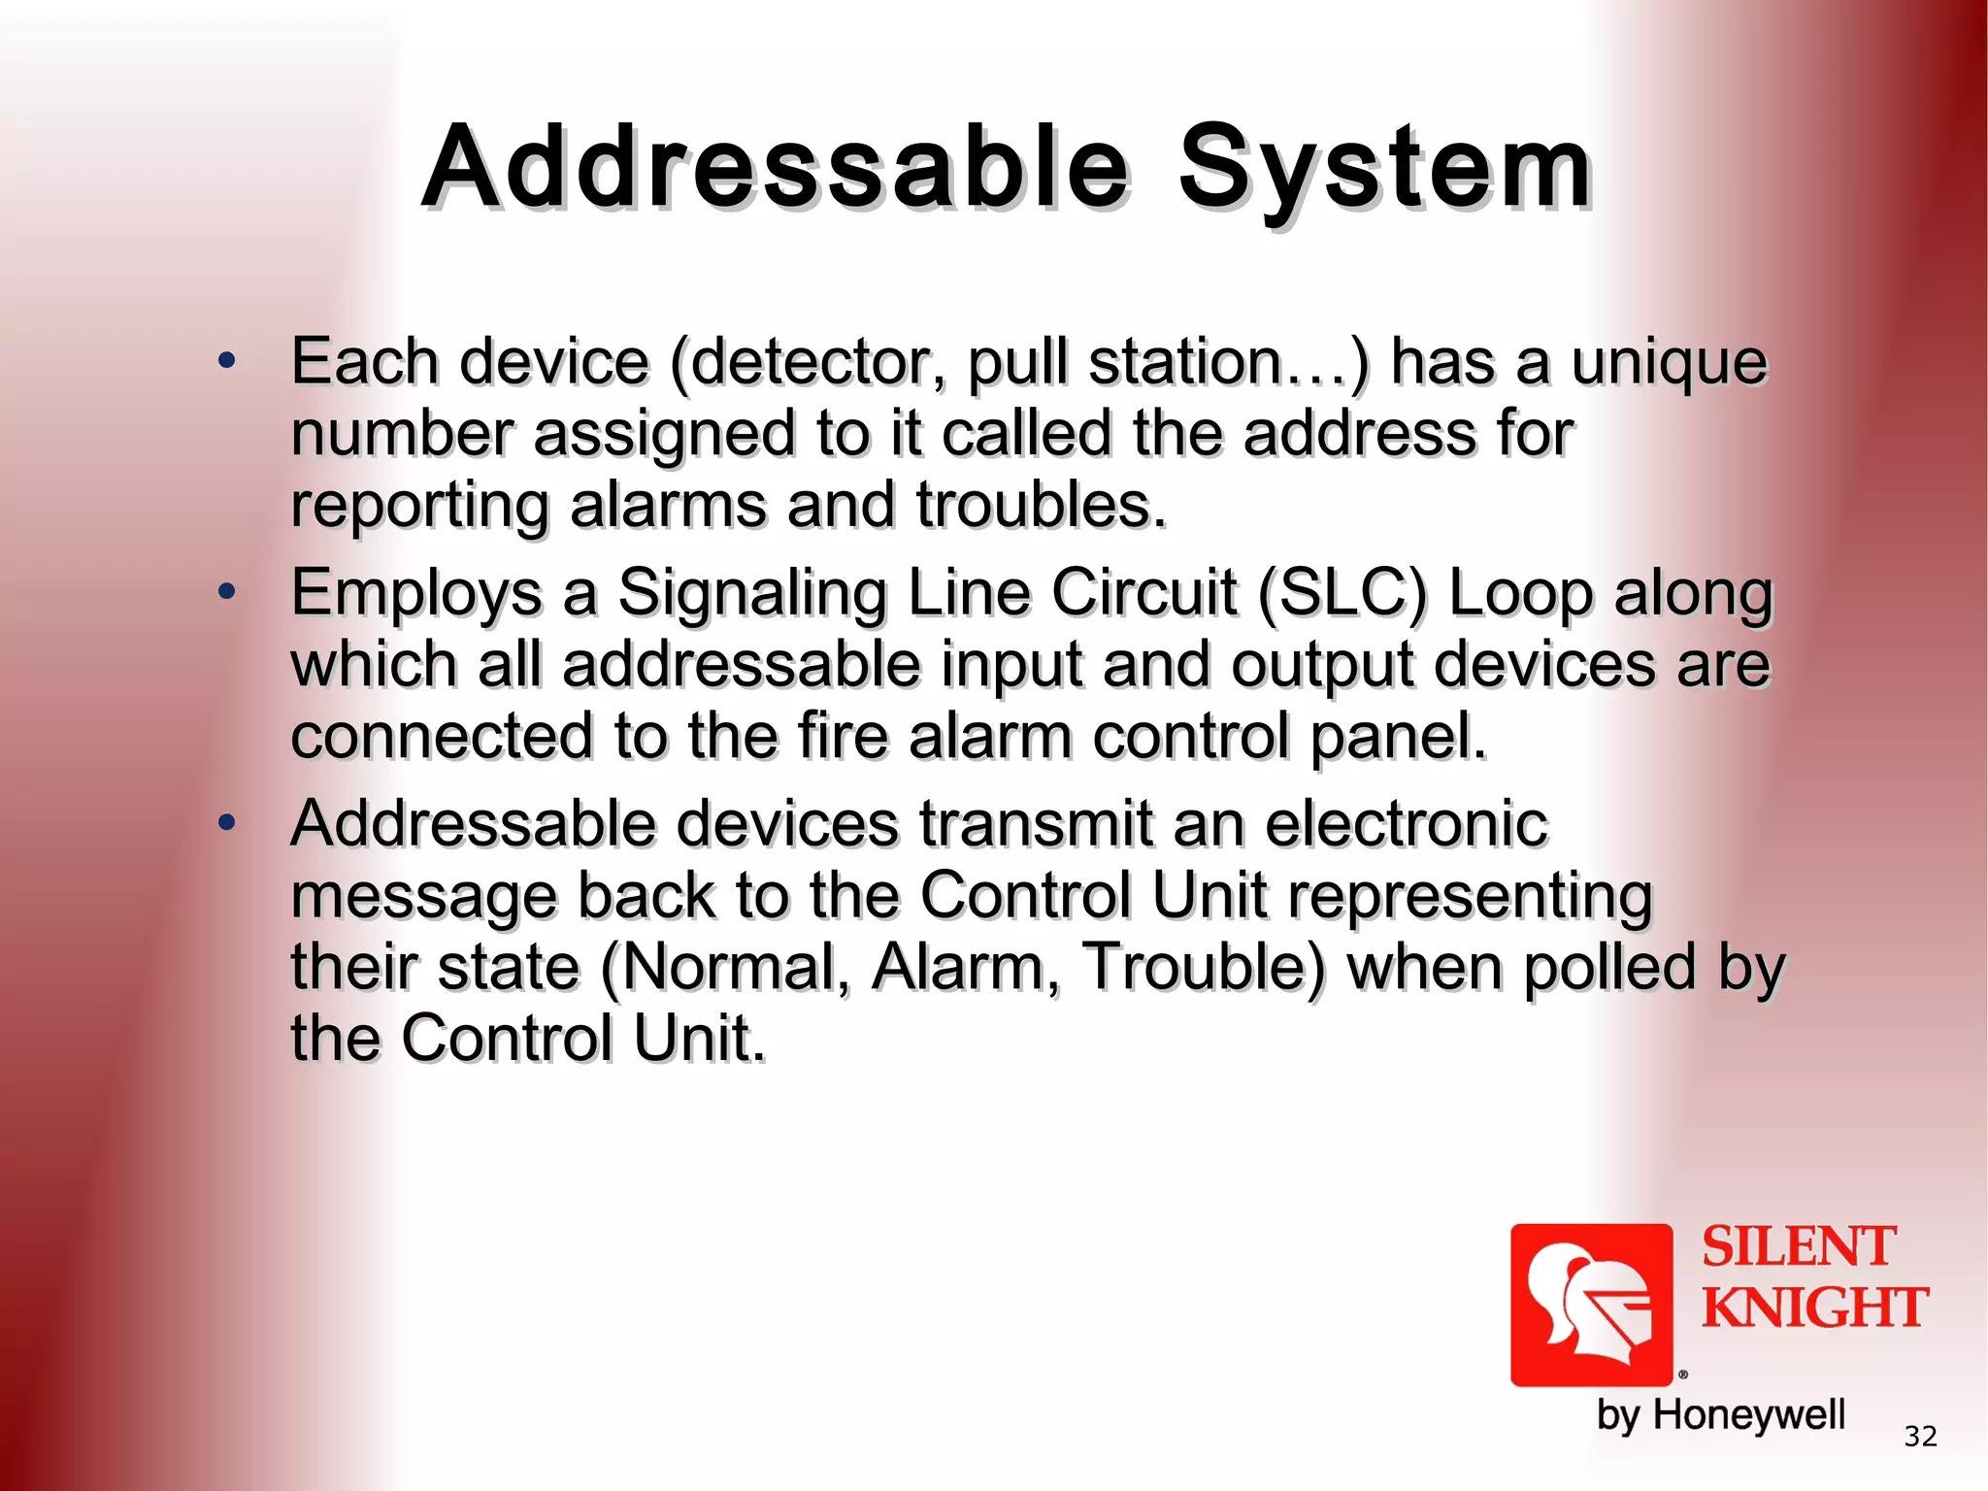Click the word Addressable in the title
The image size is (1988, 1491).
pyautogui.click(x=777, y=167)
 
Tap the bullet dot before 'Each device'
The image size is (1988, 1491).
pyautogui.click(x=227, y=361)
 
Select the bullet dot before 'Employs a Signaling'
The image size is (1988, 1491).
pyautogui.click(x=227, y=591)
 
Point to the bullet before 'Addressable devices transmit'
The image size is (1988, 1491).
pyautogui.click(x=227, y=823)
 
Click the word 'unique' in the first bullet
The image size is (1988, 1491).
pyautogui.click(x=1669, y=363)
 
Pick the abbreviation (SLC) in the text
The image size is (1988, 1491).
pyautogui.click(x=1342, y=592)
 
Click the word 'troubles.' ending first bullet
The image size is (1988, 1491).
pyautogui.click(x=1041, y=506)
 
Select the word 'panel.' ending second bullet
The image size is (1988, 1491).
pyautogui.click(x=1398, y=737)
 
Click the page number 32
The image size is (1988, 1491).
pyautogui.click(x=1920, y=1436)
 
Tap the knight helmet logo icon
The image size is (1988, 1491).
pyautogui.click(x=1591, y=1305)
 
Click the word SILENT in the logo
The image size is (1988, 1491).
pyautogui.click(x=1798, y=1247)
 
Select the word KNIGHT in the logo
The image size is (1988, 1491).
pyautogui.click(x=1814, y=1308)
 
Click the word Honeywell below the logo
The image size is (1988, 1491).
pyautogui.click(x=1748, y=1415)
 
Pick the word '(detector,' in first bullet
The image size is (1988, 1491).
pyautogui.click(x=808, y=363)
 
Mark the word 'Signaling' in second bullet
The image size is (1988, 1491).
pyautogui.click(x=751, y=594)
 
